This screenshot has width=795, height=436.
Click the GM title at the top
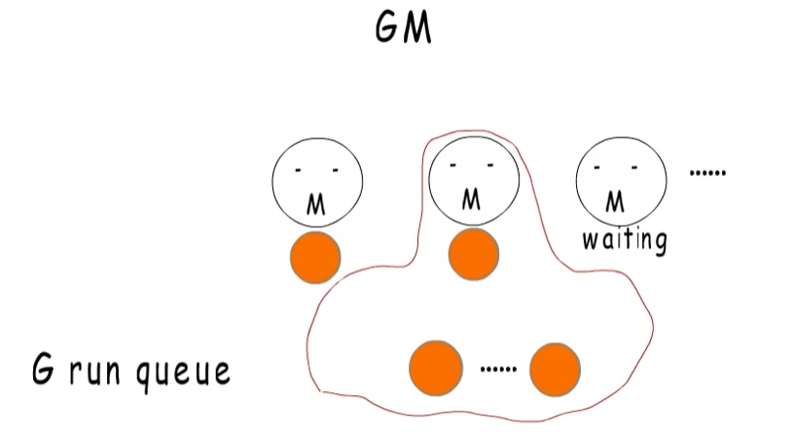click(404, 28)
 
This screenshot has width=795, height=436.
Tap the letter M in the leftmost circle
click(316, 205)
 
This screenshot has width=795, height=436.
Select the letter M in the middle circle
click(471, 200)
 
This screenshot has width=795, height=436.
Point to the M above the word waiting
click(615, 201)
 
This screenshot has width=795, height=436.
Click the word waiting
click(625, 240)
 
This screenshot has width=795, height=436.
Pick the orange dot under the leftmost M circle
click(315, 258)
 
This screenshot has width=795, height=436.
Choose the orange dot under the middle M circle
click(474, 254)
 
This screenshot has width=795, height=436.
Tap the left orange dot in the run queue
click(436, 369)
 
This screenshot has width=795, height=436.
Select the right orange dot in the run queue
click(556, 370)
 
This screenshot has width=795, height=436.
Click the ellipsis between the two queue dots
click(498, 370)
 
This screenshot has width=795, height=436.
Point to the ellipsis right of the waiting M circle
click(707, 173)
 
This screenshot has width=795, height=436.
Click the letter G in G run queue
click(43, 369)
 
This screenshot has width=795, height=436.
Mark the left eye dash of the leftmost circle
click(298, 170)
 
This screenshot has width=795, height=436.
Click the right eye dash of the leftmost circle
click(335, 170)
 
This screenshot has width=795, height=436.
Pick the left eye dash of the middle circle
click(453, 164)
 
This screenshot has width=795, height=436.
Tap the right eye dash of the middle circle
click(490, 164)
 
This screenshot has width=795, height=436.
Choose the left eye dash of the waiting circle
click(597, 166)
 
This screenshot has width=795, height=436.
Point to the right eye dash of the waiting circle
click(634, 166)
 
